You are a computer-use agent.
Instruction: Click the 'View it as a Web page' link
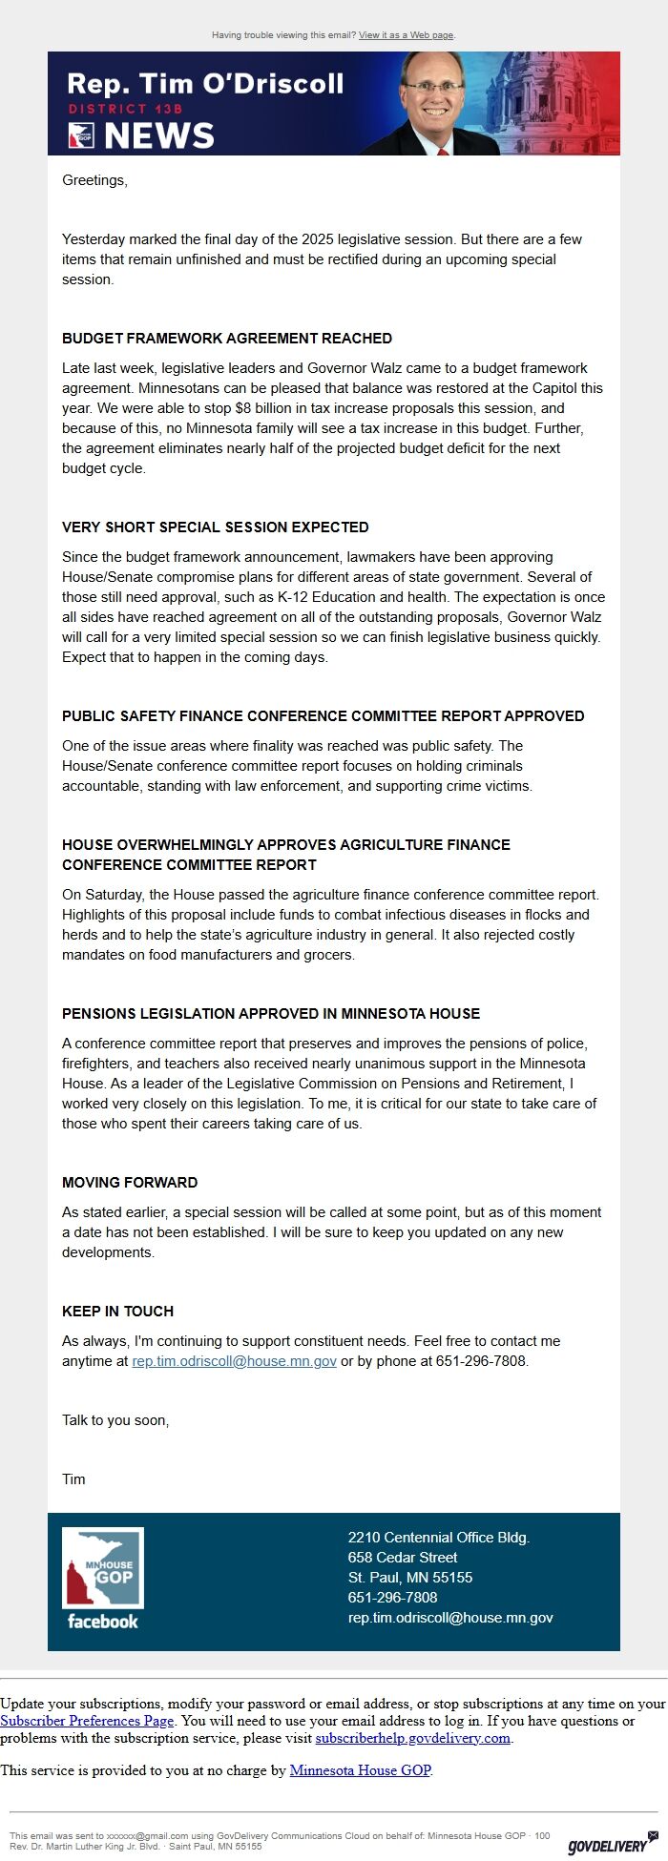(406, 35)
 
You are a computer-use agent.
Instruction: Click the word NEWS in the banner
(159, 136)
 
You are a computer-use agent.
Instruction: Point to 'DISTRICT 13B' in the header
(125, 110)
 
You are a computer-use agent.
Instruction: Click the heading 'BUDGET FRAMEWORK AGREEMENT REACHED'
(227, 339)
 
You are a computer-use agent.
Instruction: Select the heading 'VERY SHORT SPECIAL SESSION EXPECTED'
(215, 527)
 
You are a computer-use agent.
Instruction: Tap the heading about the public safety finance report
(323, 716)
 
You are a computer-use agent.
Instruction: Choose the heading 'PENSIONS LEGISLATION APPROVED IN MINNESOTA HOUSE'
(271, 1014)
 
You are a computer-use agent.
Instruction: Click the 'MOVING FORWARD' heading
(130, 1183)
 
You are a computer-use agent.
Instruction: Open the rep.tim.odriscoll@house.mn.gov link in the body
(234, 1361)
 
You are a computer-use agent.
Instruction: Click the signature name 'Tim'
(73, 1479)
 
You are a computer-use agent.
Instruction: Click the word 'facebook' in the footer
(103, 1622)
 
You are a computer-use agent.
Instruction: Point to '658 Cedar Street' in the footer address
(403, 1558)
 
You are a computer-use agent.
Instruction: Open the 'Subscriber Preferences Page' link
(87, 1721)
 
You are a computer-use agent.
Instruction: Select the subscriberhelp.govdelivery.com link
(413, 1738)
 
